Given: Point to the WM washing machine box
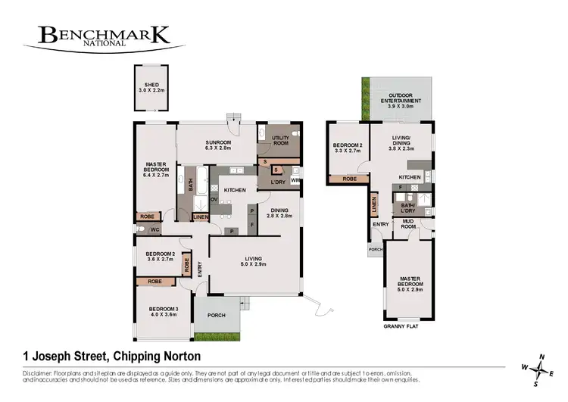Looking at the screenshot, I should [x=294, y=181].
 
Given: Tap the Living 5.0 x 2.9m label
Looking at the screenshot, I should [x=253, y=262].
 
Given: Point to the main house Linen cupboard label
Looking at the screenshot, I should [x=200, y=218].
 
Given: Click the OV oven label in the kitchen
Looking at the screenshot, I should [x=214, y=200].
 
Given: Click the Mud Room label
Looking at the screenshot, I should [x=408, y=223].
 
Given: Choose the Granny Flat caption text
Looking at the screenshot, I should [x=401, y=327].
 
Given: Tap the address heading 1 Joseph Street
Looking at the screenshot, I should [x=107, y=356].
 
